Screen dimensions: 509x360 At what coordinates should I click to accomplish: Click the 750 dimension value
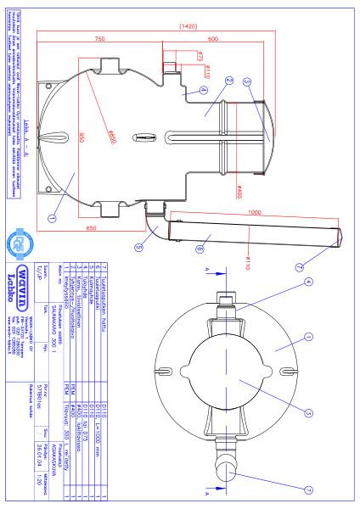[99, 41]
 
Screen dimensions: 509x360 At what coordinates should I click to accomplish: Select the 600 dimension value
[212, 41]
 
